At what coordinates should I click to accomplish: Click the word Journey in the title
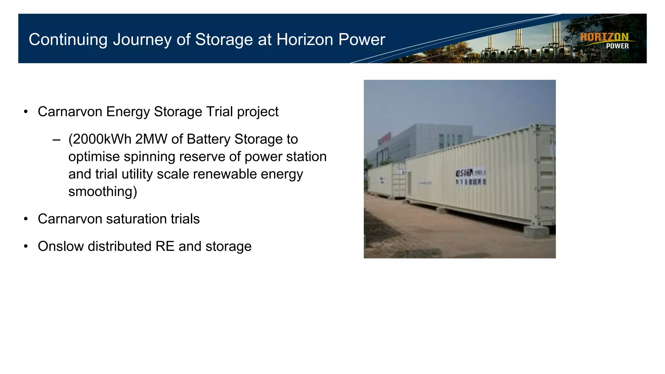pyautogui.click(x=142, y=40)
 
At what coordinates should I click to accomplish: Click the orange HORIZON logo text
pyautogui.click(x=604, y=37)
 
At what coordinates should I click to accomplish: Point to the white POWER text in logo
pyautogui.click(x=617, y=46)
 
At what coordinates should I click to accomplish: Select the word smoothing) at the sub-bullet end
pyautogui.click(x=103, y=192)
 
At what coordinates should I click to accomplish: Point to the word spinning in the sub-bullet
pyautogui.click(x=150, y=157)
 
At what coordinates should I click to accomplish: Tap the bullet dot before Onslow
pyautogui.click(x=26, y=246)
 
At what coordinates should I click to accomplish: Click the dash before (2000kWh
pyautogui.click(x=56, y=140)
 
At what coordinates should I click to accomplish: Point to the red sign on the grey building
pyautogui.click(x=384, y=139)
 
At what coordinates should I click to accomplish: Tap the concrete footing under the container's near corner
pyautogui.click(x=536, y=232)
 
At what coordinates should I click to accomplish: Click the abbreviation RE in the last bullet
pyautogui.click(x=165, y=246)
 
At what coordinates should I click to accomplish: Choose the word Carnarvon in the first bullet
pyautogui.click(x=70, y=112)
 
